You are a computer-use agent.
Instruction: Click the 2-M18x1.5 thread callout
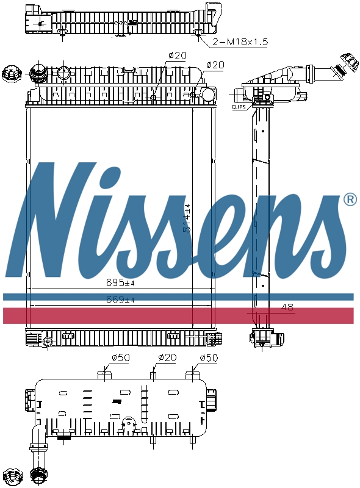coord(240,42)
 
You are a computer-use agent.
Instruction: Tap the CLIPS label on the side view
coord(239,107)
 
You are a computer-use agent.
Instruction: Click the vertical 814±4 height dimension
coord(187,220)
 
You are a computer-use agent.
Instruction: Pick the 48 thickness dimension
coord(287,307)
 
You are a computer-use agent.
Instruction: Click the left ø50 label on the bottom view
coord(120,358)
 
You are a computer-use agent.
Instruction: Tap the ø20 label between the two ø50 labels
coord(167,358)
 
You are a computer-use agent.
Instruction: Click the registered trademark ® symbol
coord(350,199)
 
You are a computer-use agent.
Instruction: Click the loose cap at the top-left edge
coord(10,74)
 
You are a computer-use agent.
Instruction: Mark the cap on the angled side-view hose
coord(348,63)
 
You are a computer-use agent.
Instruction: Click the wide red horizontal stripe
coord(180,315)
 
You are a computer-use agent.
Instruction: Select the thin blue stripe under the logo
coord(180,296)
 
